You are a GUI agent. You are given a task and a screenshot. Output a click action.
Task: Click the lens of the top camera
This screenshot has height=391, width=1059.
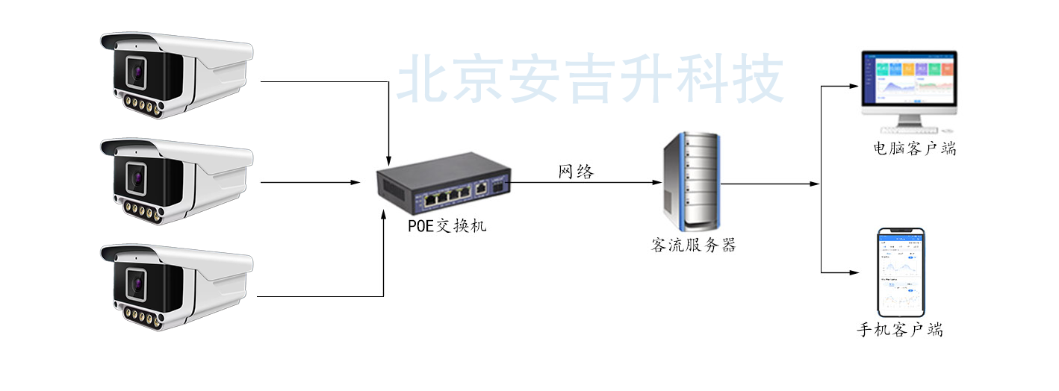[x=137, y=72]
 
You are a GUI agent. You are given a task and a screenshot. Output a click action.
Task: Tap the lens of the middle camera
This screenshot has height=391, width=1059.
[x=137, y=178]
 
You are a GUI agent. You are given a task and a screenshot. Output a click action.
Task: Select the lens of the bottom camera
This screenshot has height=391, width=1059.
[x=137, y=284]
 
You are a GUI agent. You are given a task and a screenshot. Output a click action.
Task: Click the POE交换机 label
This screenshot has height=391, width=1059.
[x=447, y=225]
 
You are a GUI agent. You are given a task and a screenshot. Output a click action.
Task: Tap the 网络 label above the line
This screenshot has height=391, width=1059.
[x=577, y=172]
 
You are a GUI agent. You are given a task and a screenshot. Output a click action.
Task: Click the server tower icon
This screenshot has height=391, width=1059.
[x=691, y=181]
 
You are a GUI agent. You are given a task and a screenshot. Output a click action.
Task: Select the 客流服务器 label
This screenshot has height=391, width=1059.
[x=693, y=245]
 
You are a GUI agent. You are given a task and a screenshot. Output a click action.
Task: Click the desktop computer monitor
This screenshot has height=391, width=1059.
[x=909, y=81]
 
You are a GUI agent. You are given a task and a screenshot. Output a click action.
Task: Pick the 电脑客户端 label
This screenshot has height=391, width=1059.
[x=914, y=148]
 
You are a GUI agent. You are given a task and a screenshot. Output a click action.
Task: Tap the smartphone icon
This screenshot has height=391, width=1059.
[x=901, y=272]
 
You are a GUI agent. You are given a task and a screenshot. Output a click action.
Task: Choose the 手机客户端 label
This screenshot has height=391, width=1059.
[x=899, y=330]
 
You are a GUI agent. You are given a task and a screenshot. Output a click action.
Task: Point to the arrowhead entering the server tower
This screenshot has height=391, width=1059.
[x=656, y=182]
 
